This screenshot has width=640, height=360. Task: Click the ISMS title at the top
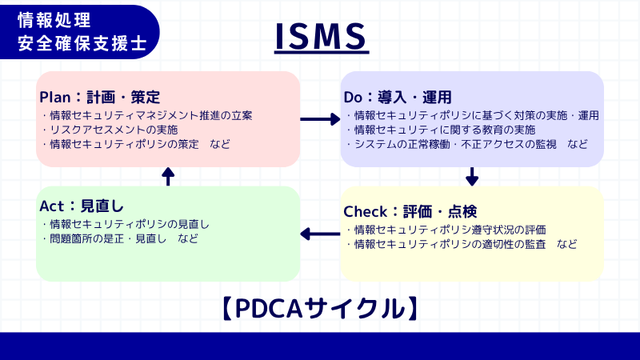[x=320, y=36]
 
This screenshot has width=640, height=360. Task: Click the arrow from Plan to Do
[x=320, y=119]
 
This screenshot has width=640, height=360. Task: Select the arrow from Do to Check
[x=472, y=176]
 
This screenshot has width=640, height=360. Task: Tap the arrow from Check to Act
[x=320, y=234]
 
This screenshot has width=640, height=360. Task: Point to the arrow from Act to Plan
[x=168, y=176]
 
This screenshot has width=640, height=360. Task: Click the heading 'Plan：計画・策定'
[x=100, y=97]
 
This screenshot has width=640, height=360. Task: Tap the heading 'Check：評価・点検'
[x=410, y=212]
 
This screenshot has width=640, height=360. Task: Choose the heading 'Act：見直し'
[x=81, y=206]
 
